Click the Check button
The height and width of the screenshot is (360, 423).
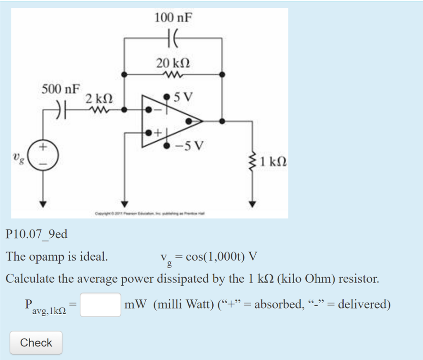click(36, 343)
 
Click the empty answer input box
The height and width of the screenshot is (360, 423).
click(100, 305)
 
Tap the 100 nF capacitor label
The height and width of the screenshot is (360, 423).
click(173, 18)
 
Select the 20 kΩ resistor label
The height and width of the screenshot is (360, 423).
click(173, 63)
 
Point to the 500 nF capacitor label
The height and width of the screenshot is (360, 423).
click(61, 89)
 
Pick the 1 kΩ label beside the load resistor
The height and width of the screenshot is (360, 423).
click(274, 161)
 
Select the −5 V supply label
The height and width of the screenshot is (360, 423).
click(189, 146)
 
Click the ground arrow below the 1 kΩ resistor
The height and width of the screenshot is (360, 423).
click(252, 204)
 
